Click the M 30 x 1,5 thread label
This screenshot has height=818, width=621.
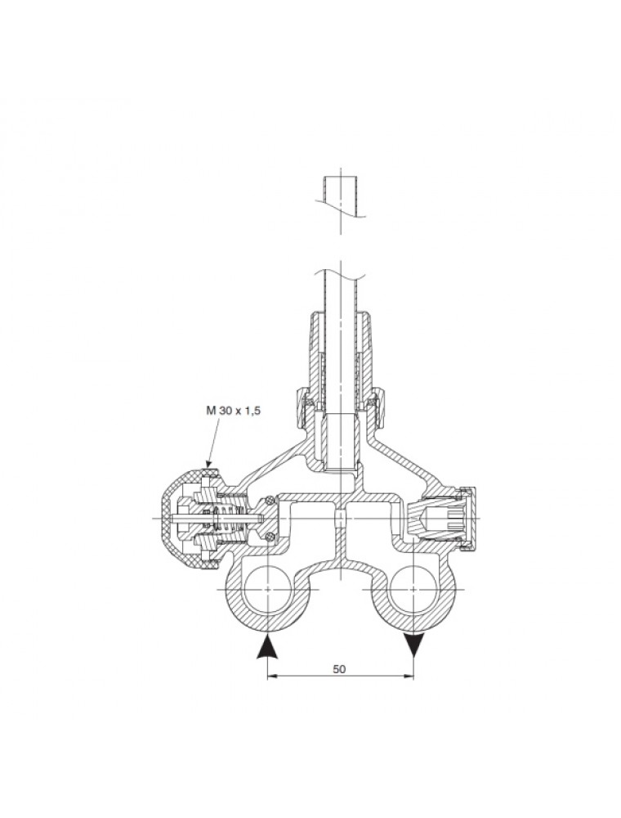[x=232, y=411]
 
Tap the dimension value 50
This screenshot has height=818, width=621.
[x=339, y=669]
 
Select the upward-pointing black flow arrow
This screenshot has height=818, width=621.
[x=266, y=647]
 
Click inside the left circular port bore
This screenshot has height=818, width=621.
[x=266, y=589]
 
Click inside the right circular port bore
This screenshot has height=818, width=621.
[x=413, y=589]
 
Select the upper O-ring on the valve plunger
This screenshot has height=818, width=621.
[x=269, y=501]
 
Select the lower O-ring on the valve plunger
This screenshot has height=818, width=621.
[x=269, y=537]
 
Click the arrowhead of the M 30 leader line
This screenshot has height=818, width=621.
[x=209, y=463]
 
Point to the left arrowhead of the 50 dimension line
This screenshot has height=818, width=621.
[x=271, y=676]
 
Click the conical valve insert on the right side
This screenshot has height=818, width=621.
[x=431, y=518]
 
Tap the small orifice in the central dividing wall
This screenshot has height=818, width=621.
[x=340, y=518]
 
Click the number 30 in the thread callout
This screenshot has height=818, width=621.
[x=225, y=411]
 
